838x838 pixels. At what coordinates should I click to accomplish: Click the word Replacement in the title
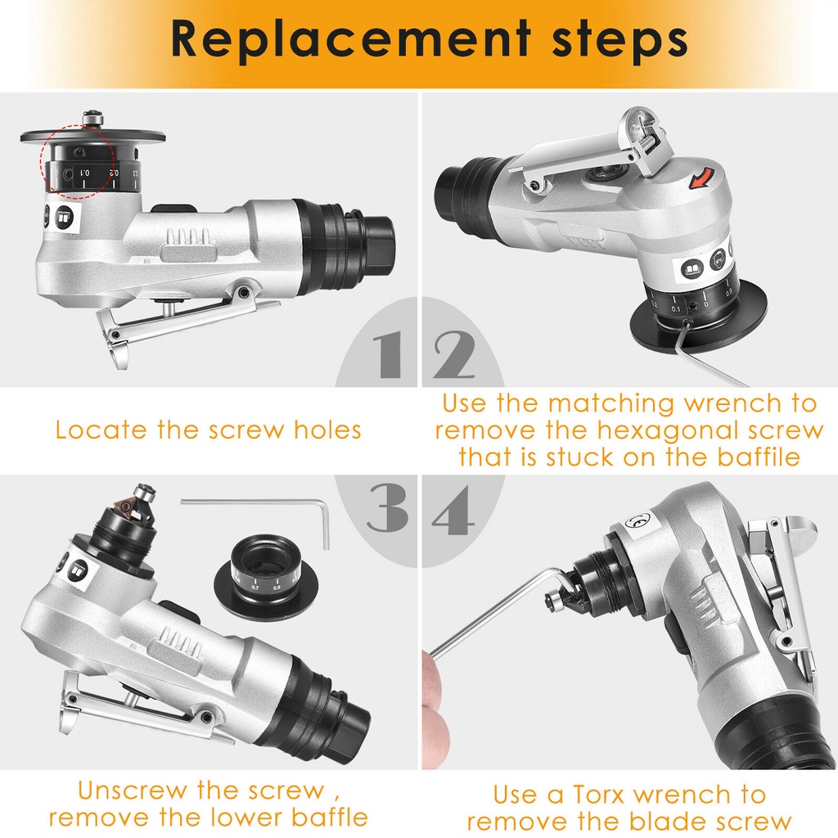pyautogui.click(x=350, y=39)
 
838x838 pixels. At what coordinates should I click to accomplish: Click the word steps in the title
pyautogui.click(x=619, y=39)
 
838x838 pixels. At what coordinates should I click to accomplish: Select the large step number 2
pyautogui.click(x=453, y=354)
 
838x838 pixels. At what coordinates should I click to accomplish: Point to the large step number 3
pyautogui.click(x=388, y=507)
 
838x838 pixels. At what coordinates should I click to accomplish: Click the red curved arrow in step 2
pyautogui.click(x=701, y=178)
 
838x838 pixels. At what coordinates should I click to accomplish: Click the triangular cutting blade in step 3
pyautogui.click(x=125, y=507)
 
